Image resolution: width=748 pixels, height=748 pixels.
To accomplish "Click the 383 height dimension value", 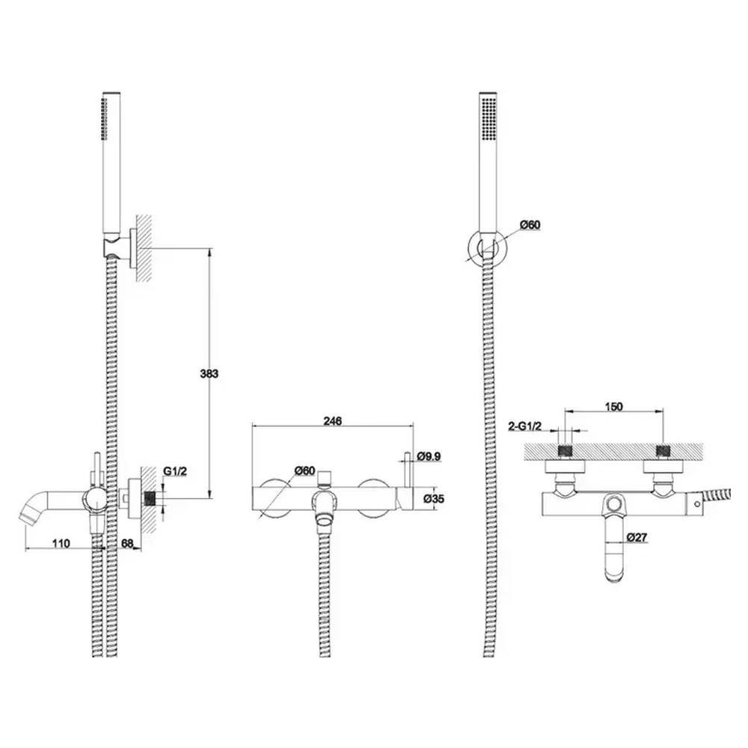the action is tap(209, 373).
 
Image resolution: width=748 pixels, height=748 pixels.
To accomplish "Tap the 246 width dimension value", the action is tap(333, 420).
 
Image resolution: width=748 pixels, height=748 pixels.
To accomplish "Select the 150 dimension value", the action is tap(614, 406).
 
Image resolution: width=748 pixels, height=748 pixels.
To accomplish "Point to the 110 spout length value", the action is tap(61, 543).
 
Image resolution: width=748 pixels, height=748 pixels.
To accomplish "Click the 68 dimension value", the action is tap(128, 543).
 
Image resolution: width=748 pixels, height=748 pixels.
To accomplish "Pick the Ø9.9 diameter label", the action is tap(429, 456).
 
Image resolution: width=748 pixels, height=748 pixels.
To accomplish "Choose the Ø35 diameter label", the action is tap(434, 498).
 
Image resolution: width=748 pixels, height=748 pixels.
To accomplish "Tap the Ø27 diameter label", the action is tap(637, 537).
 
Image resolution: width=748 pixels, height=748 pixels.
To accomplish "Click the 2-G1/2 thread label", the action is tap(525, 426).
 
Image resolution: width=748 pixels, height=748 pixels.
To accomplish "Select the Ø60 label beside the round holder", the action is tap(530, 224).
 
